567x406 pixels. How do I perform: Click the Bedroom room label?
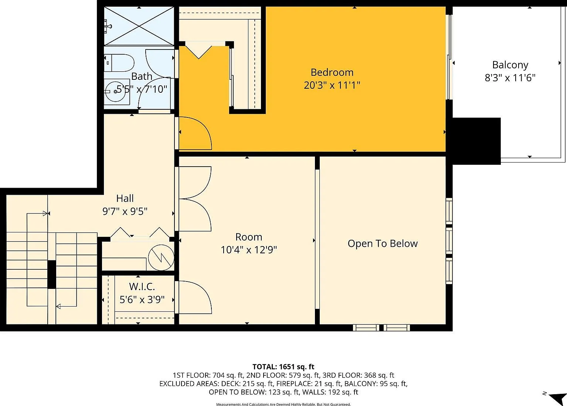pyautogui.click(x=332, y=72)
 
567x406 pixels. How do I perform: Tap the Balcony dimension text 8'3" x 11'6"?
pyautogui.click(x=510, y=78)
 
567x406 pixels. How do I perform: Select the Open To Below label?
pyautogui.click(x=383, y=243)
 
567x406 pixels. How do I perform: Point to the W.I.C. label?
pyautogui.click(x=142, y=287)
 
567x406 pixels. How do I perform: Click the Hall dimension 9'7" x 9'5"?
pyautogui.click(x=125, y=211)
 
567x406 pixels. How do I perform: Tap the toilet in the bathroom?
pyautogui.click(x=119, y=63)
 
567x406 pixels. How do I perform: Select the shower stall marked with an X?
pyautogui.click(x=139, y=26)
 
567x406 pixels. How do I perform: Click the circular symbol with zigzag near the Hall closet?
pyautogui.click(x=161, y=258)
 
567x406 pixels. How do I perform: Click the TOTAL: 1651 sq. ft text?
pyautogui.click(x=283, y=366)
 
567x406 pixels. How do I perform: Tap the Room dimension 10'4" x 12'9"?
pyautogui.click(x=248, y=250)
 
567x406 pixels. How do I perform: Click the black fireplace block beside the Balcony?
pyautogui.click(x=477, y=141)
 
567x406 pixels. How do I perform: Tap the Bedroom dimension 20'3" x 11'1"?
pyautogui.click(x=332, y=85)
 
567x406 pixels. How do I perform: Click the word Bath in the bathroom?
pyautogui.click(x=142, y=76)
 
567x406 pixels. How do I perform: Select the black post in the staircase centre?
pyautogui.click(x=52, y=274)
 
